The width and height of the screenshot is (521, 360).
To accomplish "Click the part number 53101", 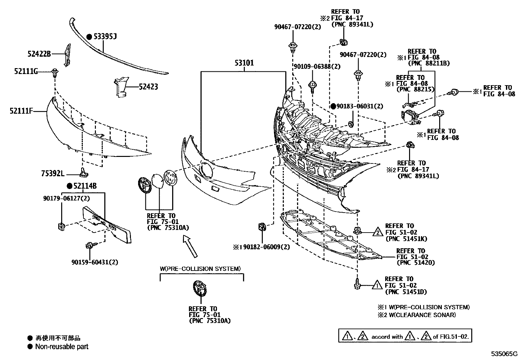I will click(243, 63).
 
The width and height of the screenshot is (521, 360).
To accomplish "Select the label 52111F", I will click(21, 111).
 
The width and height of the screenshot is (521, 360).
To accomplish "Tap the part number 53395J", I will click(105, 36).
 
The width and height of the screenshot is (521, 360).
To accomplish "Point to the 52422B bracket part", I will click(67, 55).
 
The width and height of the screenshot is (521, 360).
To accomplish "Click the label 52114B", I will click(85, 186).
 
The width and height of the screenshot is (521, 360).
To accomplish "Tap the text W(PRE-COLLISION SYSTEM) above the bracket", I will click(200, 269).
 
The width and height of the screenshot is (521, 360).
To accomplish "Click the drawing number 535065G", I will click(504, 354).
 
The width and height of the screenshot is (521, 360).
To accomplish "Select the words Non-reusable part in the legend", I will click(62, 347).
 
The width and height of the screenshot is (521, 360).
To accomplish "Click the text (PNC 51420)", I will click(416, 263).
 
